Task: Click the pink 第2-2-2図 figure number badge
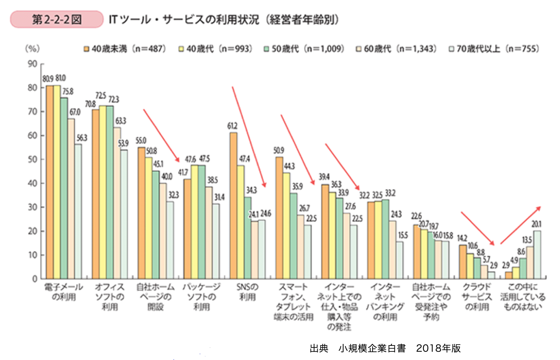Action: coord(56,19)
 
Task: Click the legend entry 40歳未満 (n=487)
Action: coord(125,49)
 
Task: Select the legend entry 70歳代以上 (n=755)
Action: coord(494,49)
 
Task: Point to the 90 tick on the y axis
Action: coord(33,64)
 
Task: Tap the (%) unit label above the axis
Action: coord(32,49)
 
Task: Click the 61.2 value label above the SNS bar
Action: coord(232,126)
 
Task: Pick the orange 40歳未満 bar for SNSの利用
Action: coord(233,206)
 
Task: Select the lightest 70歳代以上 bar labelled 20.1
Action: coord(537,255)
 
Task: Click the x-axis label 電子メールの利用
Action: coord(64,292)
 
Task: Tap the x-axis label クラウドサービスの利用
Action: coord(477,297)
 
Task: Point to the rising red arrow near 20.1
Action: coord(520,225)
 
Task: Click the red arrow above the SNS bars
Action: coord(249,136)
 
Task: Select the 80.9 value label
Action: coord(48,79)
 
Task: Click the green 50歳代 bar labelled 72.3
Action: coord(110,192)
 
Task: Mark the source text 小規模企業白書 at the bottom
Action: coord(372,348)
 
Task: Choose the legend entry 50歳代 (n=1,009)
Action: coord(304,49)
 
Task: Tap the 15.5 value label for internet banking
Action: coord(403,235)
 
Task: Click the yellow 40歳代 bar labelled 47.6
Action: coord(195,222)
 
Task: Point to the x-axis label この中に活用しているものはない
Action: coord(523,297)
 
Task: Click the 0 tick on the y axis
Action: coord(35,279)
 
